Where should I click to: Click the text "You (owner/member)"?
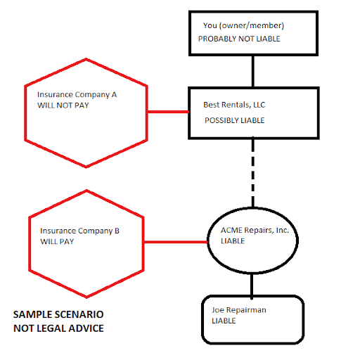[x=243, y=25]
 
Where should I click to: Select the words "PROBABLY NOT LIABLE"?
[x=239, y=39]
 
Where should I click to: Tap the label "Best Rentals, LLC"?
[x=234, y=105]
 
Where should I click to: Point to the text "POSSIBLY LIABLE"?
[x=235, y=120]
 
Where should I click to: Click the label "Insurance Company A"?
[x=77, y=95]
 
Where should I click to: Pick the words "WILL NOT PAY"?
[x=63, y=105]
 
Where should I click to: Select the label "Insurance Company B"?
[x=79, y=231]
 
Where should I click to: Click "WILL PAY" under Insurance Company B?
[x=57, y=241]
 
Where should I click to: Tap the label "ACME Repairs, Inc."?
[x=255, y=231]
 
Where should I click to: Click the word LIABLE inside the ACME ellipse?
[x=233, y=241]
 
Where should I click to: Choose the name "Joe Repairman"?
[x=239, y=310]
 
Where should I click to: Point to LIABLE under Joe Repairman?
[x=224, y=321]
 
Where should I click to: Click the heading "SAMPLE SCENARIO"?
[x=58, y=314]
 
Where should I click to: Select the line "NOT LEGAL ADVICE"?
[x=58, y=328]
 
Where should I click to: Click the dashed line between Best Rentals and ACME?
[x=253, y=173]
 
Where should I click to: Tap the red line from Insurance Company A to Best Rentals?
[x=168, y=112]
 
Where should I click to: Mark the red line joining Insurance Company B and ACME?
[x=176, y=242]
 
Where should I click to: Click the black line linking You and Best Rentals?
[x=253, y=72]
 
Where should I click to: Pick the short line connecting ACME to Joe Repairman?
[x=252, y=285]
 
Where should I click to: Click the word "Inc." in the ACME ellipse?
[x=283, y=230]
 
